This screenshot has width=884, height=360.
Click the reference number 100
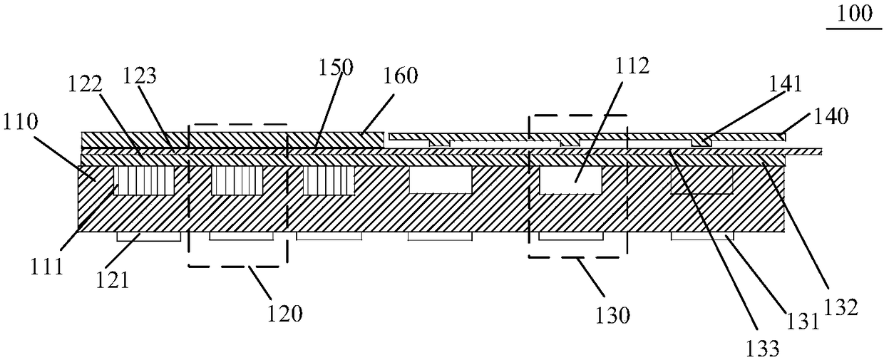[853, 14]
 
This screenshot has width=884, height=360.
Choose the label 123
[141, 74]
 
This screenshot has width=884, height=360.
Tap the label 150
[335, 68]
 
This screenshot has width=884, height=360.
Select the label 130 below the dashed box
[610, 314]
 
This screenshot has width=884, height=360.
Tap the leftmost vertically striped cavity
[145, 181]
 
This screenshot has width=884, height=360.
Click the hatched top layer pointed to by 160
[235, 139]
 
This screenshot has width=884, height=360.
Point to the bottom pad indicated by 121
[149, 236]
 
